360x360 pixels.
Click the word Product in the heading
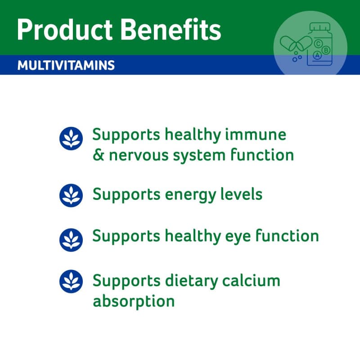click(x=65, y=30)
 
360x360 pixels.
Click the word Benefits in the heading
click(x=171, y=29)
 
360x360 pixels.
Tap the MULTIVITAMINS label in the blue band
click(x=66, y=65)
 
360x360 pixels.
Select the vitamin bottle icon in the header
click(x=319, y=44)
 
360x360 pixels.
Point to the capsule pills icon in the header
click(x=296, y=44)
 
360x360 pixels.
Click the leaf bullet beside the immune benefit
click(x=71, y=139)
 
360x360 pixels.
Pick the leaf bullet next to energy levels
click(x=71, y=195)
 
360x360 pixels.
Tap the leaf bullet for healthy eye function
click(x=71, y=240)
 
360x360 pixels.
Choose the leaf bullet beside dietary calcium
click(x=71, y=281)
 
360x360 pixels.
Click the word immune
click(x=256, y=135)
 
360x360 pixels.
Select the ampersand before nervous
click(x=99, y=155)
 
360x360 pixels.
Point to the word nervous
click(x=139, y=156)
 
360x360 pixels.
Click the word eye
click(x=238, y=238)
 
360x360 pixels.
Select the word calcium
click(x=251, y=280)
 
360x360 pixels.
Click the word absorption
click(x=134, y=301)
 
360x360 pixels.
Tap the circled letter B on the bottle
click(x=325, y=50)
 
